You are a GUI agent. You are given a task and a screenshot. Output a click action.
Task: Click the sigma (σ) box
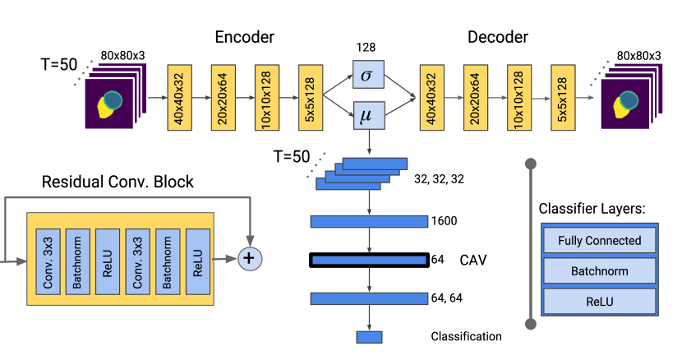[x=368, y=76]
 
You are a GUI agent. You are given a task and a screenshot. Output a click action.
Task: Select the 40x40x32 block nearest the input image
[x=179, y=96]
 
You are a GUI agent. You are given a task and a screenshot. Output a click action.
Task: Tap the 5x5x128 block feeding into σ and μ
[x=311, y=96]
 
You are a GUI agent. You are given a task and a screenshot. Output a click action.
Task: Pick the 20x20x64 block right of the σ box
[x=475, y=96]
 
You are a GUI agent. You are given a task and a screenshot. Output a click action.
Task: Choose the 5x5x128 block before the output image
[x=563, y=96]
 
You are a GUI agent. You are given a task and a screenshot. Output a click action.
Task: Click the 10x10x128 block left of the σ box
[x=267, y=96]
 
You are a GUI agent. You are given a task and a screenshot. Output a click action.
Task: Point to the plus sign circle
[x=250, y=259]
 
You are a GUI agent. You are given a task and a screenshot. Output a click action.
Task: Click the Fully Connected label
[x=599, y=241]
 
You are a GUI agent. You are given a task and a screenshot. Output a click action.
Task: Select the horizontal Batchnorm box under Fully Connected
[x=599, y=270]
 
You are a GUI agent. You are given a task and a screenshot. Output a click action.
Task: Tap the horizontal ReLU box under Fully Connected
[x=599, y=301]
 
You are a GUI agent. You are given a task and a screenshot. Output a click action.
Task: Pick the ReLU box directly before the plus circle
[x=197, y=260]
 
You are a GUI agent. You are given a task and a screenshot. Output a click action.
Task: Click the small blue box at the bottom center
[x=369, y=337]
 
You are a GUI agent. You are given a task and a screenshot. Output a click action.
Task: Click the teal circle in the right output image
[x=629, y=100]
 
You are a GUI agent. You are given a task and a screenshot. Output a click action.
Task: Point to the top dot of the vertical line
[x=531, y=164]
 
